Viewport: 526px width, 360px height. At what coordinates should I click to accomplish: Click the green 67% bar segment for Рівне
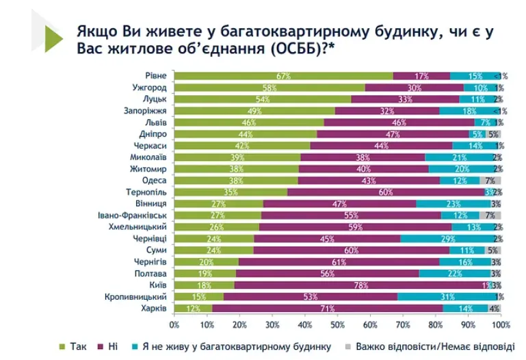coord(283,76)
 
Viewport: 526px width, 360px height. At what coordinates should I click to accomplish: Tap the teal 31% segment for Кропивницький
coord(447,297)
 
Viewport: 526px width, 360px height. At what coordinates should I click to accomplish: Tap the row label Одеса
coord(154,181)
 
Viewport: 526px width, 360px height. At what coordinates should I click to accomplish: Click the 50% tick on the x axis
coord(337,324)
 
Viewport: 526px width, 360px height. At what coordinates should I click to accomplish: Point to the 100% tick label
coord(501,324)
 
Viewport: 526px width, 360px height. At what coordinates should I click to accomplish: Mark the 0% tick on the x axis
coord(174,324)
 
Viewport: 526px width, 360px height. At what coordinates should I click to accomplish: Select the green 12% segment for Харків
coord(194,309)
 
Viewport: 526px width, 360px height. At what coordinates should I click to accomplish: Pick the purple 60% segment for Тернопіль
coord(386,192)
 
